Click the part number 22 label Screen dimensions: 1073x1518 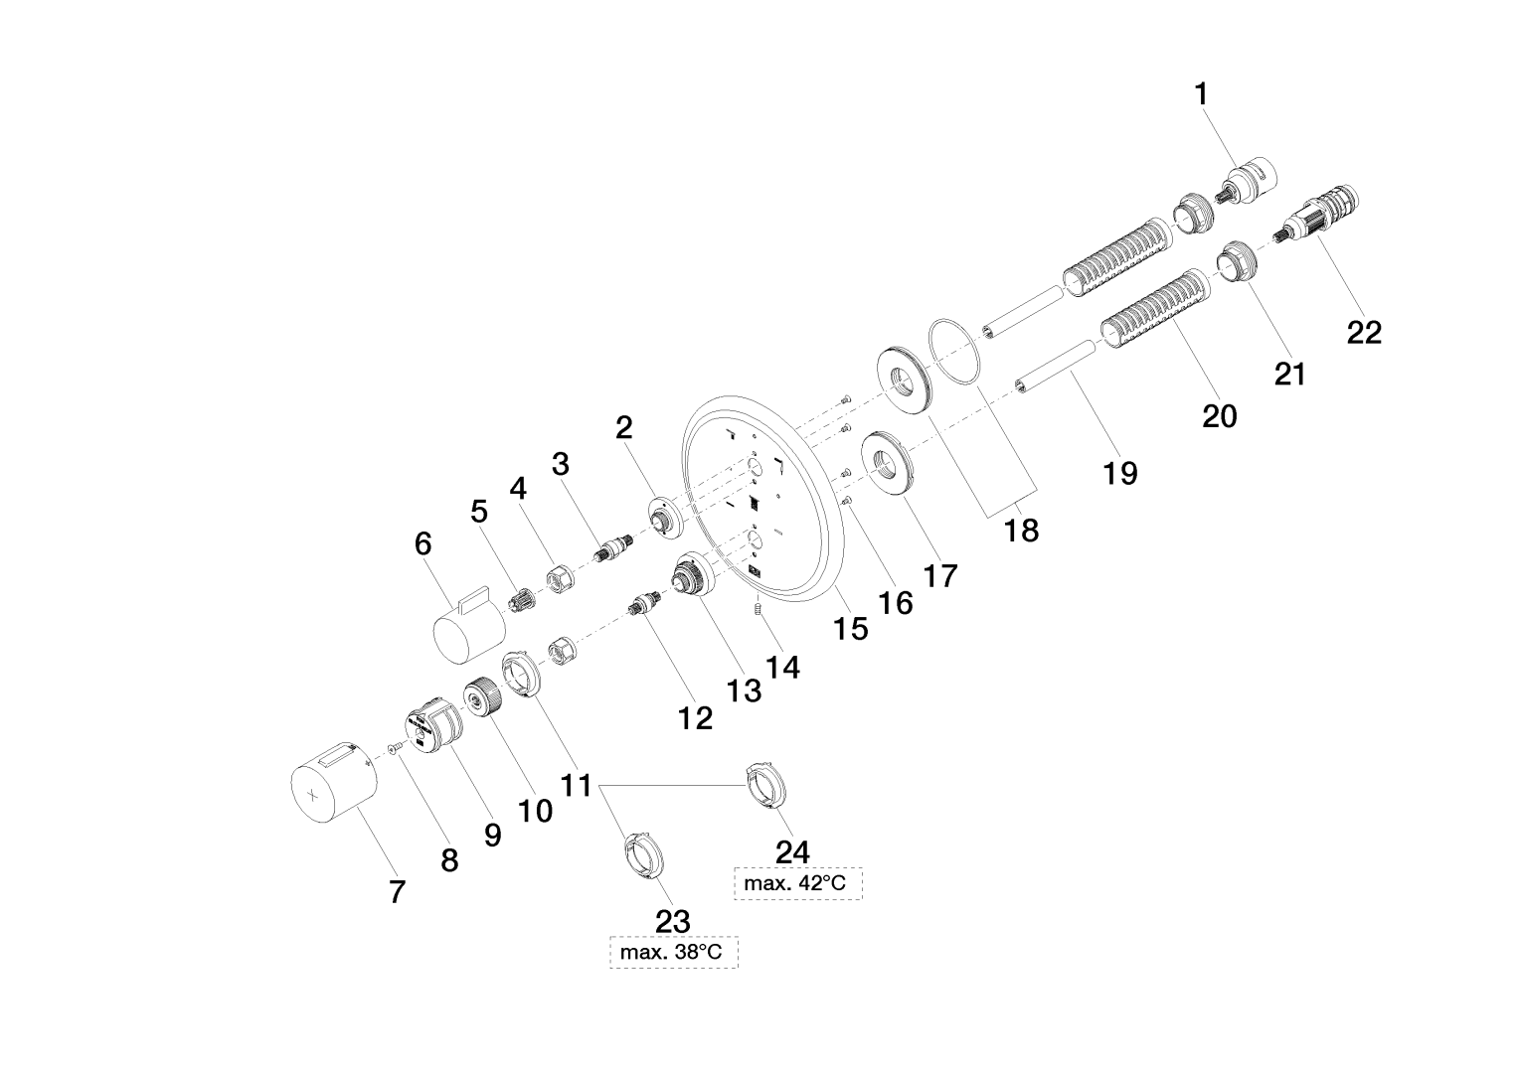(1364, 332)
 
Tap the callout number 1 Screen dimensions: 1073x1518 (1202, 94)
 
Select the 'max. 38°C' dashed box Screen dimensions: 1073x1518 (673, 953)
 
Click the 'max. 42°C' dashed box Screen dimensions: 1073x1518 (798, 882)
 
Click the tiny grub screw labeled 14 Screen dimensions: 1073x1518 (759, 606)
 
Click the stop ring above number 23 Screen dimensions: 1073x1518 (641, 854)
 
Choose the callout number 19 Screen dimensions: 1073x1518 (1119, 473)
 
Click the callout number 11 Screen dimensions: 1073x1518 (576, 786)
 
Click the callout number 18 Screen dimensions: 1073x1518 (1021, 530)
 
